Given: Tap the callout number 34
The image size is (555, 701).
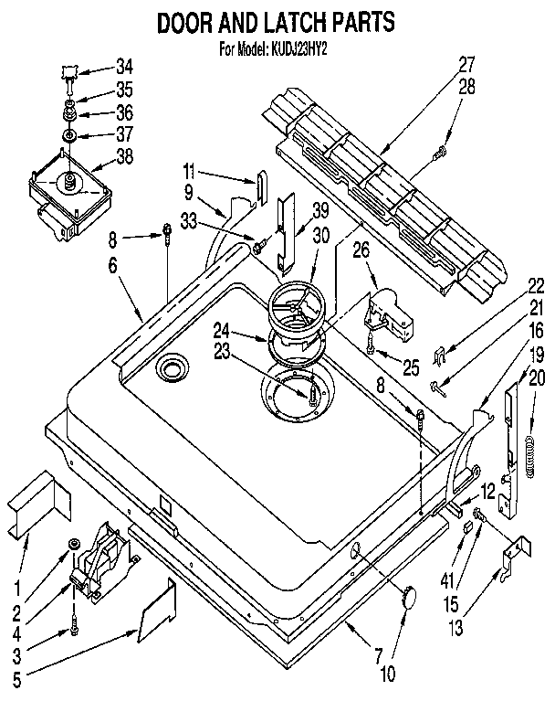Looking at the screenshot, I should point(124,67).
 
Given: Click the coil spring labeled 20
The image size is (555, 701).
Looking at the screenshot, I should point(529,452).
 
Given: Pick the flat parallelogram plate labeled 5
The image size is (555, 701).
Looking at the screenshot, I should point(155,607).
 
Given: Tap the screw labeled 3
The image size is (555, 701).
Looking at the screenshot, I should point(72,629).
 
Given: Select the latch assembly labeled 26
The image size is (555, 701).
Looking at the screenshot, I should point(385,311).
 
